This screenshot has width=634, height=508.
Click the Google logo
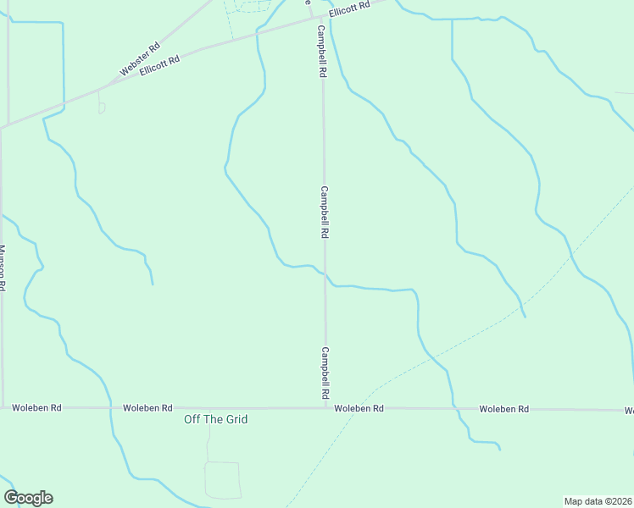pyautogui.click(x=29, y=498)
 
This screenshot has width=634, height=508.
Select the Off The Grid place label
pyautogui.click(x=216, y=419)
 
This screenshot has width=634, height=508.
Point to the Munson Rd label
pyautogui.click(x=3, y=268)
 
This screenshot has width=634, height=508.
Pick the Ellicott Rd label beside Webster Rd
pyautogui.click(x=160, y=66)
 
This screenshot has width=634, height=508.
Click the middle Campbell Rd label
pyautogui.click(x=324, y=213)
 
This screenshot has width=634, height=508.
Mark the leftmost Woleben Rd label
pyautogui.click(x=36, y=407)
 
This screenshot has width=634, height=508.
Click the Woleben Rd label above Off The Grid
pyautogui.click(x=147, y=407)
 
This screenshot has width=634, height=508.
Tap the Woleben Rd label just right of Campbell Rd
pyautogui.click(x=359, y=408)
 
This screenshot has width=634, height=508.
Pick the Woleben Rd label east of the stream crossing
pyautogui.click(x=503, y=409)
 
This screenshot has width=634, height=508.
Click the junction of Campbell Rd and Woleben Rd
pyautogui.click(x=325, y=407)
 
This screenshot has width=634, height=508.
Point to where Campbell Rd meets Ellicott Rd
pyautogui.click(x=319, y=16)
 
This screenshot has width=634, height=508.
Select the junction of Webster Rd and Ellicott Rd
pyautogui.click(x=102, y=87)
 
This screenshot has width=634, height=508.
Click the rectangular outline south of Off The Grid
pyautogui.click(x=223, y=479)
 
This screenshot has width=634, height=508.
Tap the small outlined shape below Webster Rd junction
pyautogui.click(x=102, y=108)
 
